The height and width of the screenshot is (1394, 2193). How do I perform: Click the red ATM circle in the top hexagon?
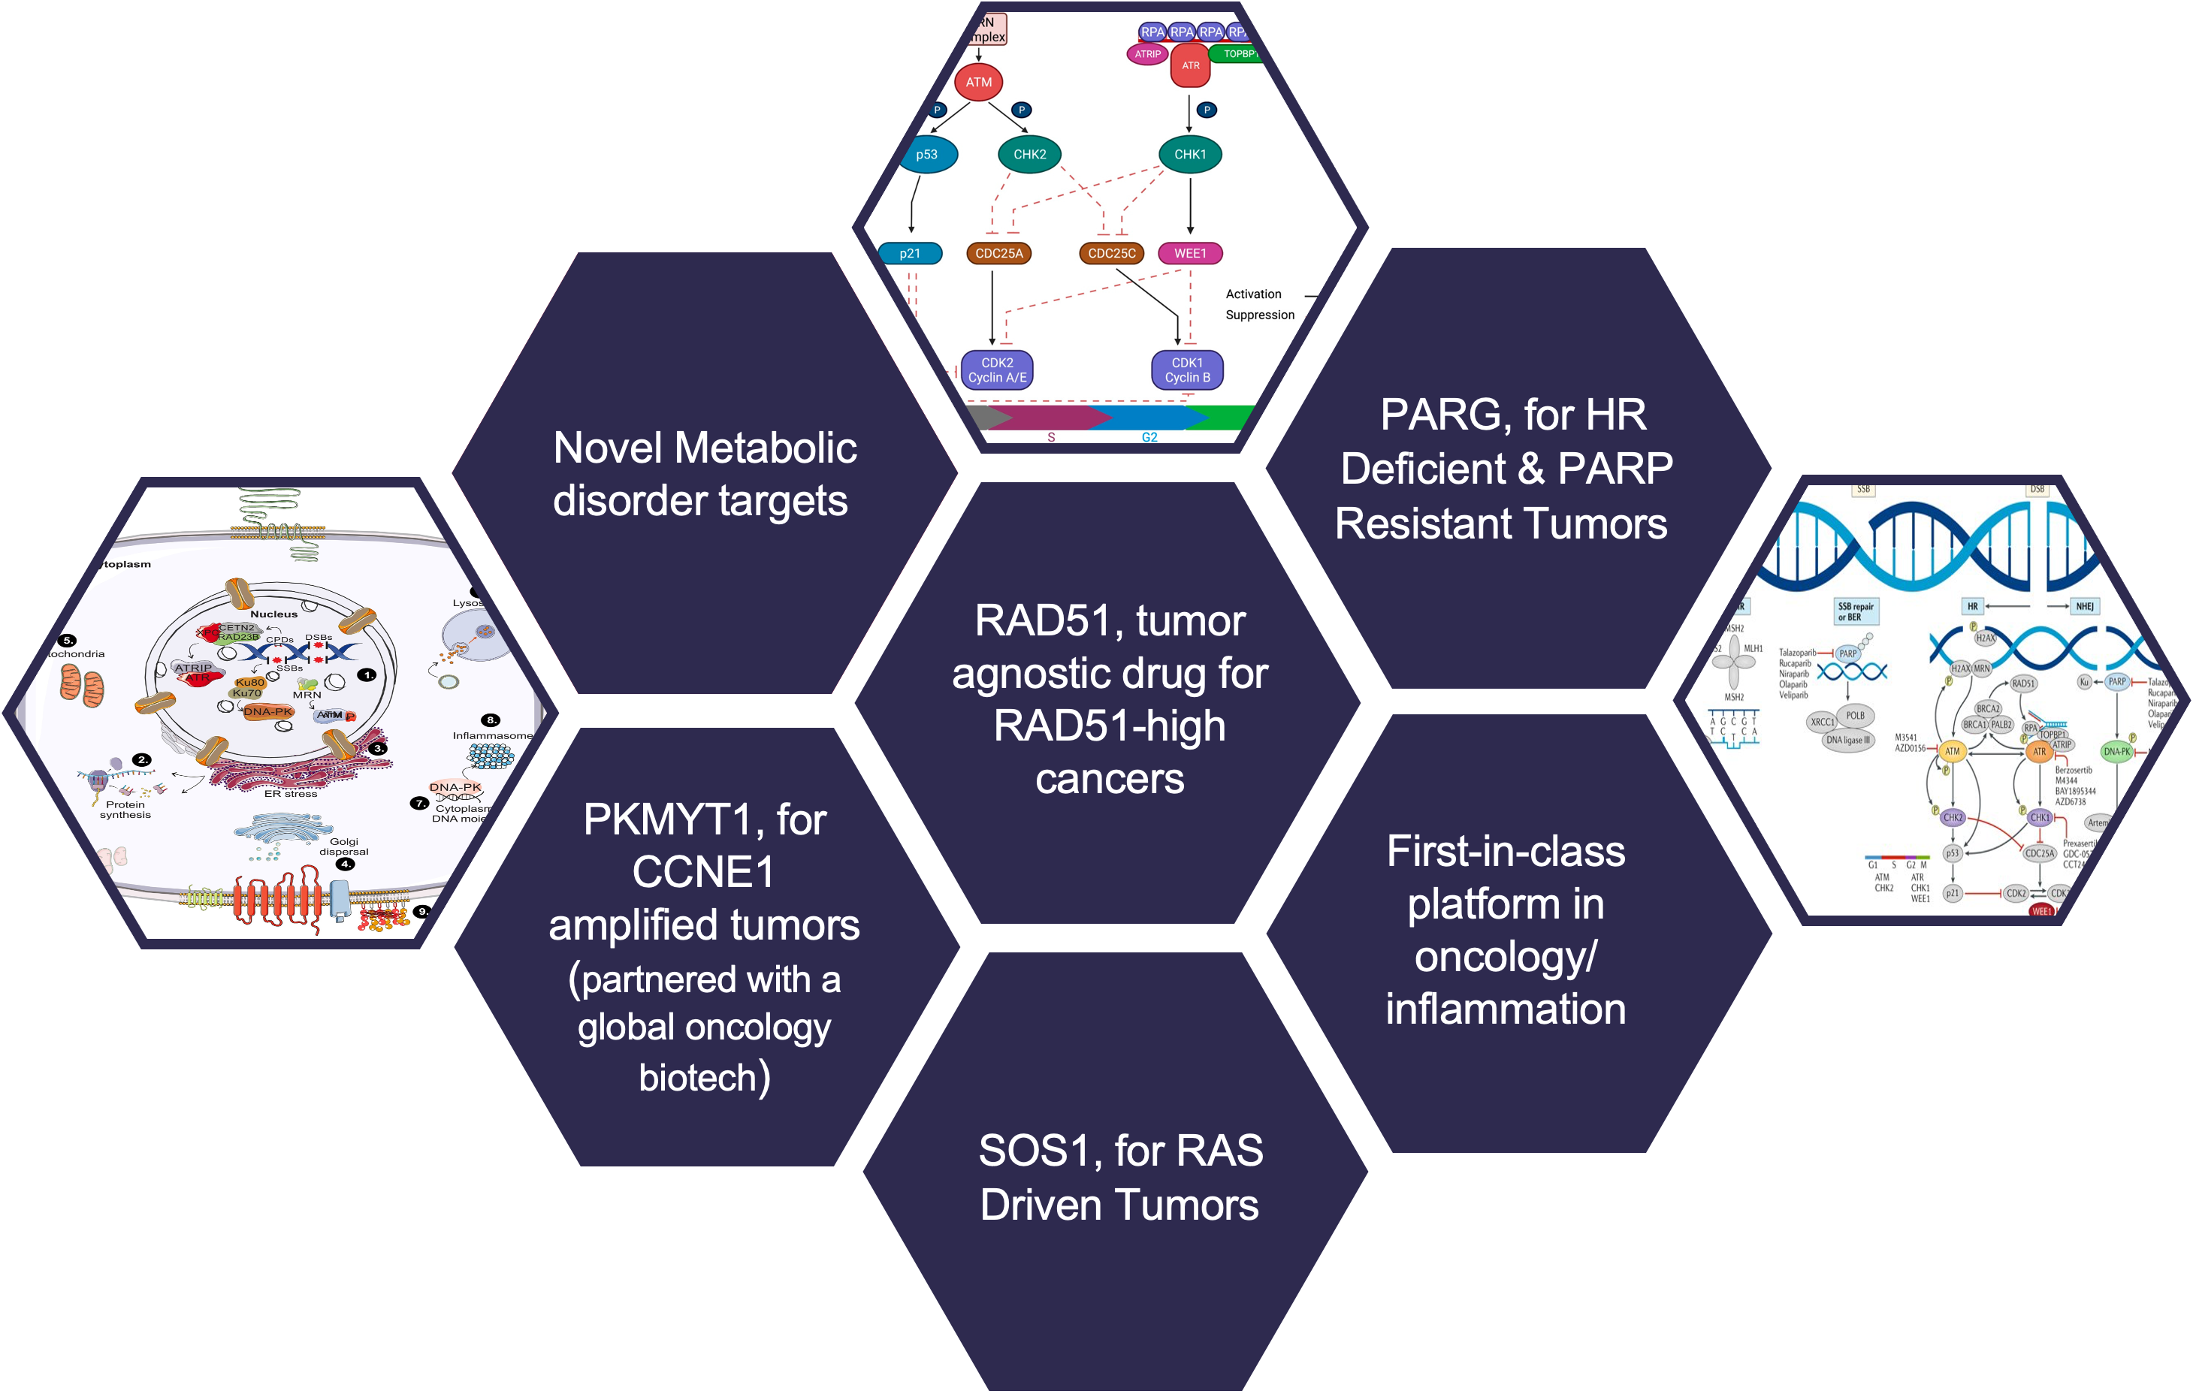point(978,82)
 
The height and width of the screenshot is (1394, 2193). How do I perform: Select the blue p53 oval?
point(927,155)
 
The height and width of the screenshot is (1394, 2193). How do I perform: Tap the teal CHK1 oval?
point(1189,155)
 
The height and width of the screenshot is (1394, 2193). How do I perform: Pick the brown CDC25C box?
point(1111,253)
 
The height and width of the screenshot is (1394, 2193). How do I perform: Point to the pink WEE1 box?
point(1189,253)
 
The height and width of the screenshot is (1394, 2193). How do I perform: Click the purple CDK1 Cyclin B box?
point(1188,370)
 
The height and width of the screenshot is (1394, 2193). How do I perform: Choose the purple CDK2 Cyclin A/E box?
point(997,370)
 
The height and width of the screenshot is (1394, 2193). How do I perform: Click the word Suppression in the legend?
point(1259,315)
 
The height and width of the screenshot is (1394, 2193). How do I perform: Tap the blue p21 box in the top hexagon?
point(910,253)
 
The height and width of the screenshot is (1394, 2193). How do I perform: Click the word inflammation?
point(1506,1009)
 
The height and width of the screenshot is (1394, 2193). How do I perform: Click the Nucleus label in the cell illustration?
point(273,614)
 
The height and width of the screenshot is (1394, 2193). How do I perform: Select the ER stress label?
point(291,794)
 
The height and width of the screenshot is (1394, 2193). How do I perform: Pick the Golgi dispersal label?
point(344,846)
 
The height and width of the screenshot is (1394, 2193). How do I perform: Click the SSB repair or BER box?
point(1855,612)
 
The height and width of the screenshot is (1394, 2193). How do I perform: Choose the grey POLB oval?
point(1855,716)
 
